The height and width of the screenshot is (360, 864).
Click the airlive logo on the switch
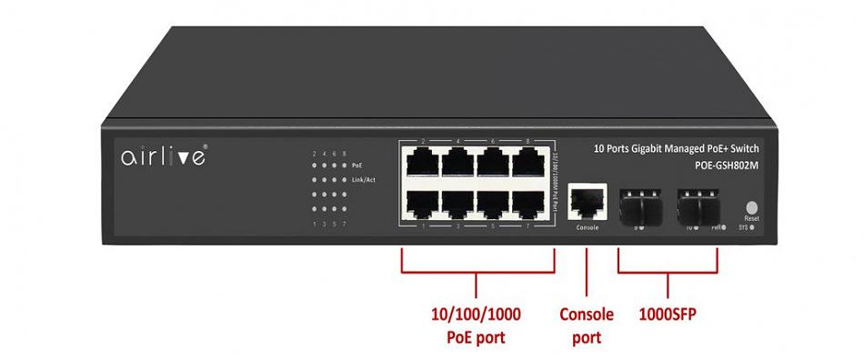164,156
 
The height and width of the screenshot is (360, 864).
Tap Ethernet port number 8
527,164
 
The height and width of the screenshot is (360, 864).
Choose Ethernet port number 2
423,164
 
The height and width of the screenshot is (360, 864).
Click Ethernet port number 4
457,164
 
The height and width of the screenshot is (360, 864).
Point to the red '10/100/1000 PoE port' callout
476,325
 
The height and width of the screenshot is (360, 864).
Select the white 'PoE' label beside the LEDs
356,165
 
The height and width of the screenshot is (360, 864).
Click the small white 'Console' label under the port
588,226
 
